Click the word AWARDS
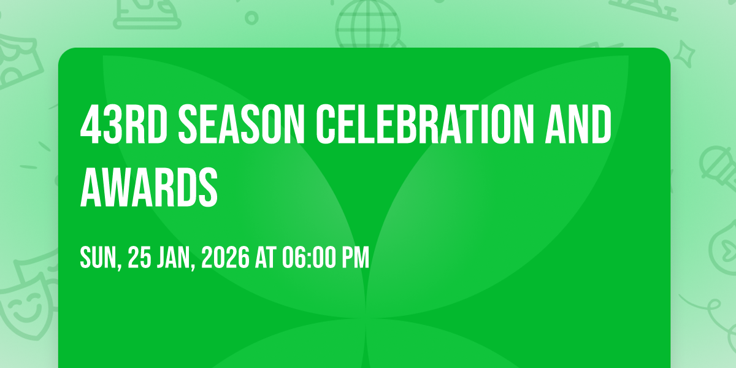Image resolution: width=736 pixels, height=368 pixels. click(149, 186)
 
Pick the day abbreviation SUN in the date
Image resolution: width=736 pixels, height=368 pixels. click(100, 258)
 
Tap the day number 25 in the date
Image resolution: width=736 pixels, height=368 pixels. click(140, 257)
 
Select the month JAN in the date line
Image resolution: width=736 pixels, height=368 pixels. click(176, 258)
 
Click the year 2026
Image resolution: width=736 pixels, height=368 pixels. click(226, 257)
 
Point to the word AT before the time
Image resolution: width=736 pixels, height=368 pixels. click(266, 257)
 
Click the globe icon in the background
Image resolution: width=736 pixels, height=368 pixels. click(368, 24)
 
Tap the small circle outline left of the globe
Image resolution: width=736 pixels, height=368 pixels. click(251, 18)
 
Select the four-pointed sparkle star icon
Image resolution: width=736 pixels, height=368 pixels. click(684, 54)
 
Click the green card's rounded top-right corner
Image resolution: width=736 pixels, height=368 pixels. click(666, 52)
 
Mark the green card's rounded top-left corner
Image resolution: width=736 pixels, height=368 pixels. click(63, 52)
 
